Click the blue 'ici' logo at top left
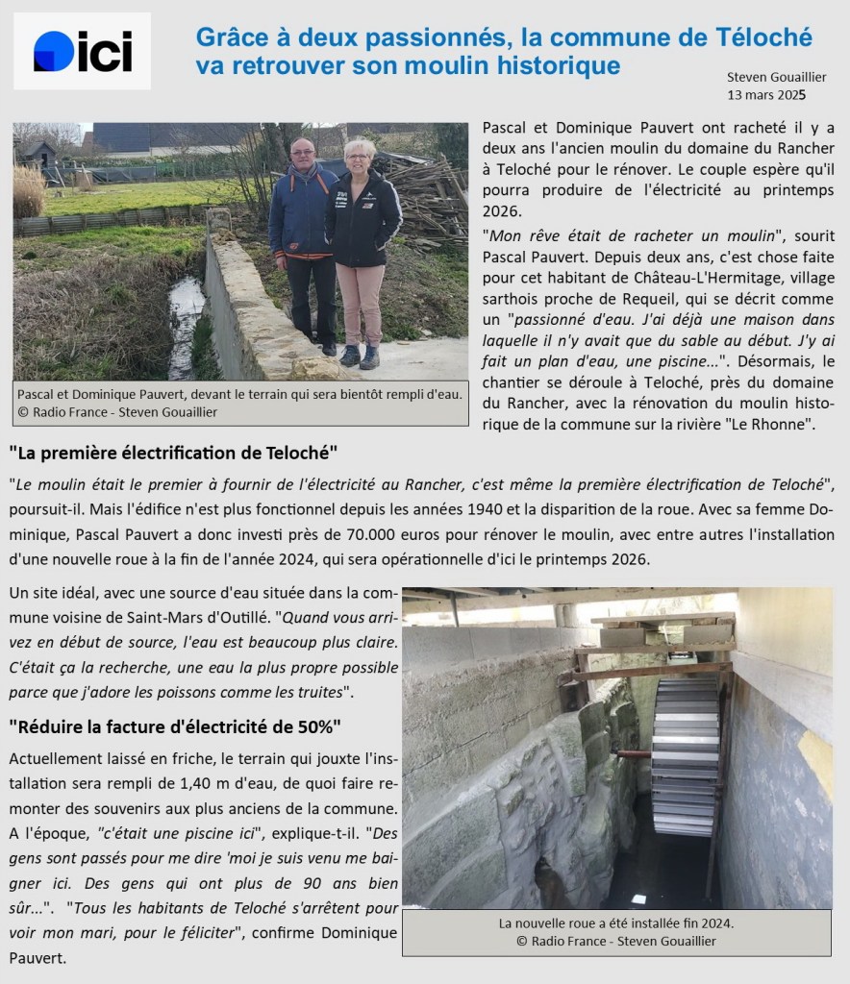point(82,51)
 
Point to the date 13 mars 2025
point(767,95)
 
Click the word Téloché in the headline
point(765,37)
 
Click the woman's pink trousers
point(361,303)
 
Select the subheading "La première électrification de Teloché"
point(174,452)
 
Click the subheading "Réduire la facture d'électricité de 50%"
point(176,726)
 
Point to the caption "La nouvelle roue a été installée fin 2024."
point(616,923)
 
